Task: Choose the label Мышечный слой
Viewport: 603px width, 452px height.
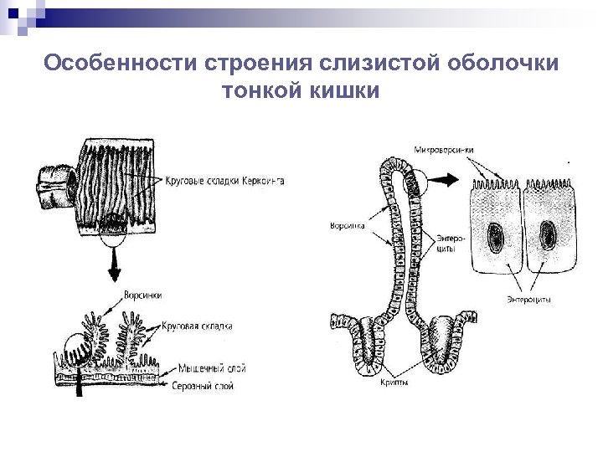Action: [207, 368]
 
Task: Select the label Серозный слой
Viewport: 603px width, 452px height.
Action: [203, 386]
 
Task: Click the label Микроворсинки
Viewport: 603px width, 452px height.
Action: [444, 150]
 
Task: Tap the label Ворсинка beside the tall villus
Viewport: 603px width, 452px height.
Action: [347, 225]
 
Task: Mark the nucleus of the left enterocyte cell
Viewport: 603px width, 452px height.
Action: [495, 235]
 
